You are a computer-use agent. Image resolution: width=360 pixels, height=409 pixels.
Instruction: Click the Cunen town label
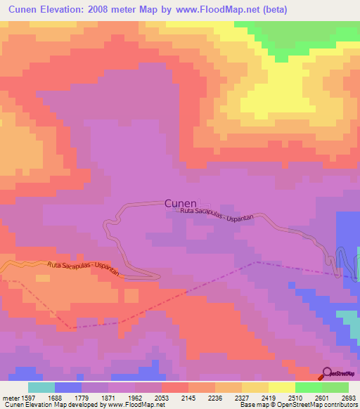click(x=181, y=202)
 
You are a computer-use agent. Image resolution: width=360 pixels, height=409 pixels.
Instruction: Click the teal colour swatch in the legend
click(x=41, y=387)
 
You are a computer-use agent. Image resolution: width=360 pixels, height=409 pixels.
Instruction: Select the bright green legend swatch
click(x=309, y=387)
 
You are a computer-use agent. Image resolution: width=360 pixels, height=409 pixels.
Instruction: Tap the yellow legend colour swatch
click(x=282, y=387)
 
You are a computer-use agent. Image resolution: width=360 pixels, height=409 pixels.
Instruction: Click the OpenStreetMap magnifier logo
click(x=327, y=373)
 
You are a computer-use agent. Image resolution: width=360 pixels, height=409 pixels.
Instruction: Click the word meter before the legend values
click(x=10, y=397)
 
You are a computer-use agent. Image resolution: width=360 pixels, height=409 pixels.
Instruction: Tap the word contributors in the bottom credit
click(x=340, y=405)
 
